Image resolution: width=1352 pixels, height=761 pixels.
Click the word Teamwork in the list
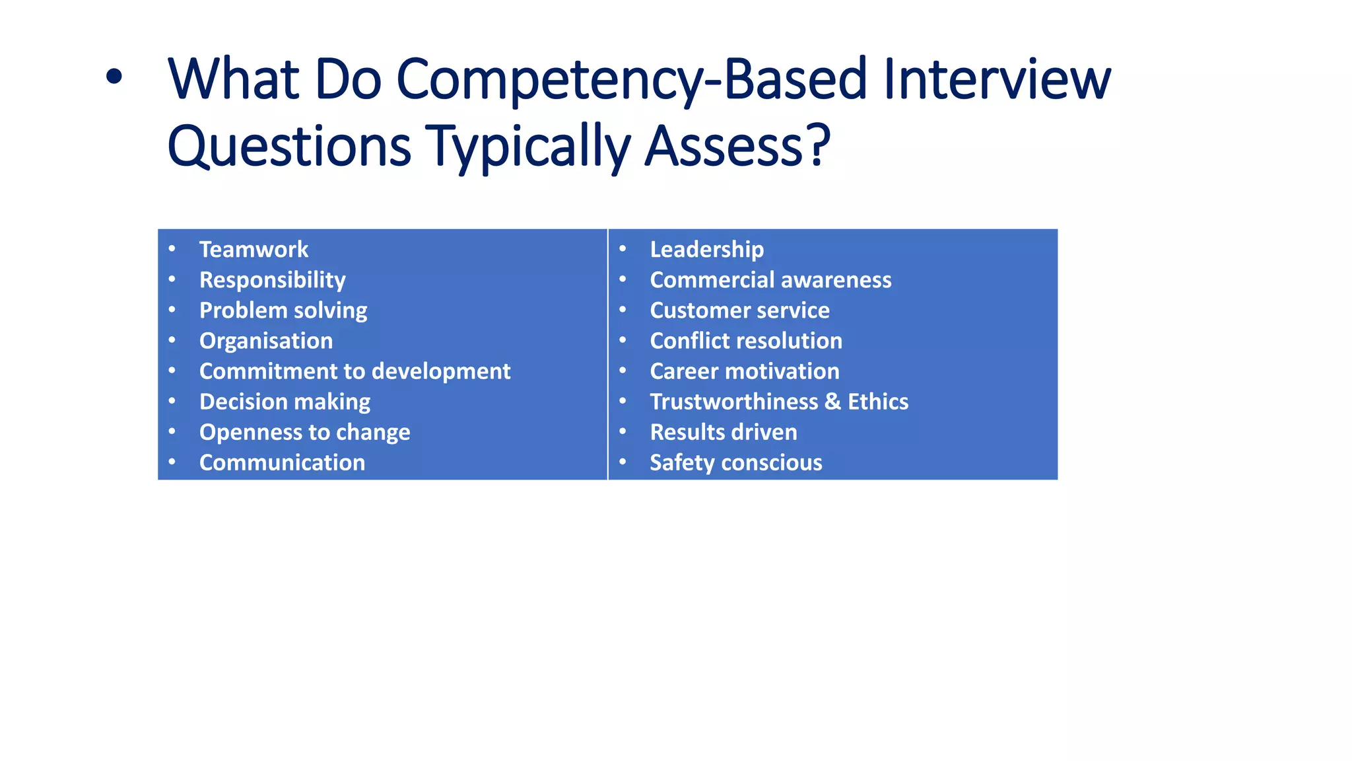pos(253,250)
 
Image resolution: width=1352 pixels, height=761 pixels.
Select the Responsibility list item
pos(272,280)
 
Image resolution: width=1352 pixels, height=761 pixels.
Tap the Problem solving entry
pos(283,310)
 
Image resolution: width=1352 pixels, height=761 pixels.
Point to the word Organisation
pos(266,341)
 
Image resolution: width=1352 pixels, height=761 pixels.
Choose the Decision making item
pos(285,402)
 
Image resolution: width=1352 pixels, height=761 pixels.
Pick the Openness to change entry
pos(304,432)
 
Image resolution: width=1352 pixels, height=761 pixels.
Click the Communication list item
pos(282,462)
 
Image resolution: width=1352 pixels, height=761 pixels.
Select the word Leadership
pos(706,250)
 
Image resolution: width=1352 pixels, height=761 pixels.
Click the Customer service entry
pos(739,310)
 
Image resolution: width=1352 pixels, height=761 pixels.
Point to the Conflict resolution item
pos(746,341)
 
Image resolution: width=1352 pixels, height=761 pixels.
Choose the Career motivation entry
pos(744,371)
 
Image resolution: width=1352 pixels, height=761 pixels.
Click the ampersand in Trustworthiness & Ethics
pos(832,402)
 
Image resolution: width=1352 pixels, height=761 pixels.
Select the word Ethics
pos(878,402)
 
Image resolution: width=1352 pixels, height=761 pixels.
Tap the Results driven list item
pos(723,432)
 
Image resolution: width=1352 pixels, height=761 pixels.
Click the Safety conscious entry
pos(735,462)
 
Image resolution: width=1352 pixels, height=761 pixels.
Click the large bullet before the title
pos(114,77)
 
